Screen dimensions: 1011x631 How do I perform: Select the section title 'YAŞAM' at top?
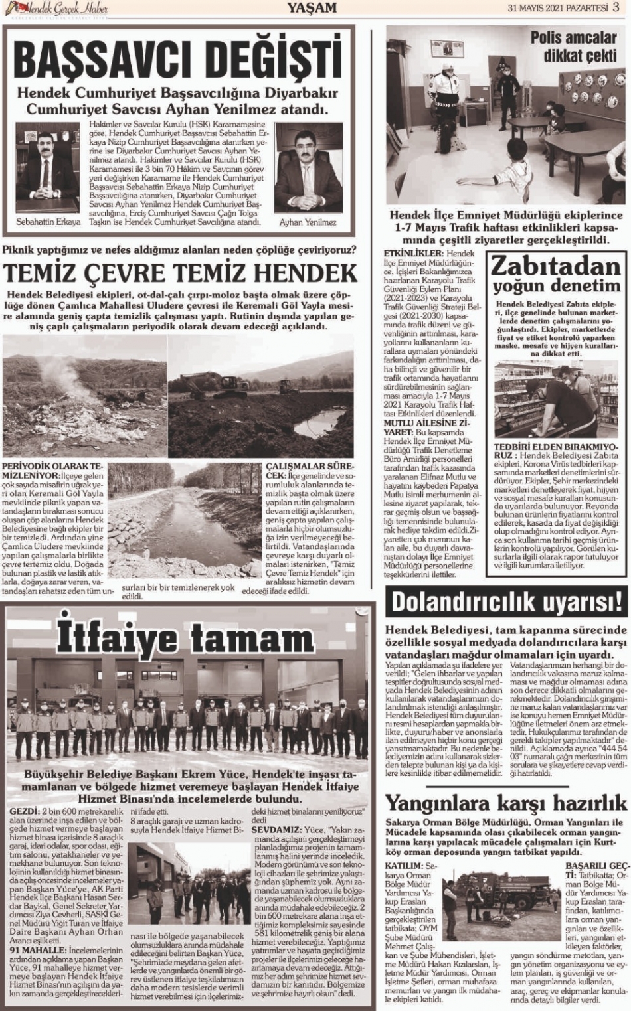click(313, 7)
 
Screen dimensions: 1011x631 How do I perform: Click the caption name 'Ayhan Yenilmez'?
click(308, 223)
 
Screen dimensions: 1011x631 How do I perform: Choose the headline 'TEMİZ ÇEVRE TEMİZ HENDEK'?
click(180, 272)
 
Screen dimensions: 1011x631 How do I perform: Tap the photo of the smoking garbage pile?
click(84, 394)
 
